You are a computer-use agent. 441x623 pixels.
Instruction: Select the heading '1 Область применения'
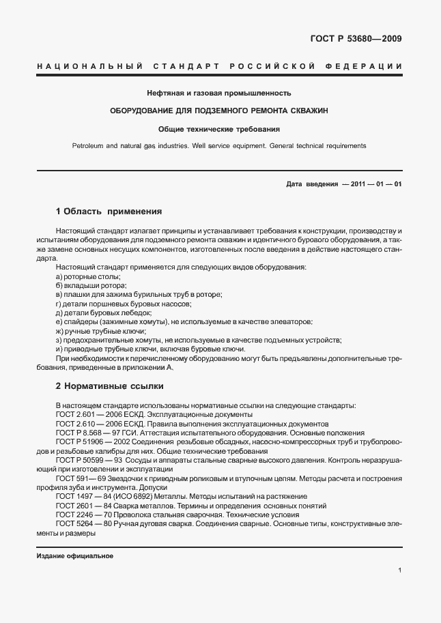(x=108, y=212)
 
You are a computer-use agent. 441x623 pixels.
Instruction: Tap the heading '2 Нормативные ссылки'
(x=109, y=386)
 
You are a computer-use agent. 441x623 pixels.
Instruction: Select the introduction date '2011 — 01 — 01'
(x=375, y=184)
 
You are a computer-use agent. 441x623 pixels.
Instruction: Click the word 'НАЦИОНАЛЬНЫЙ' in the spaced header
(x=89, y=66)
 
